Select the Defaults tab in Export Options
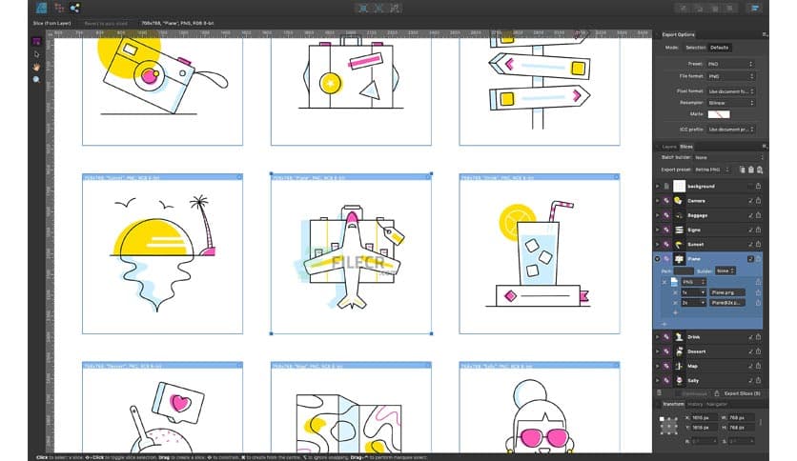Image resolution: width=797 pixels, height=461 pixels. tap(719, 47)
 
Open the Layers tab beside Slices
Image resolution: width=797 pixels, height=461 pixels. tap(669, 146)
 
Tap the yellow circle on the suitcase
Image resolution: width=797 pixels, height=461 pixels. tap(330, 83)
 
